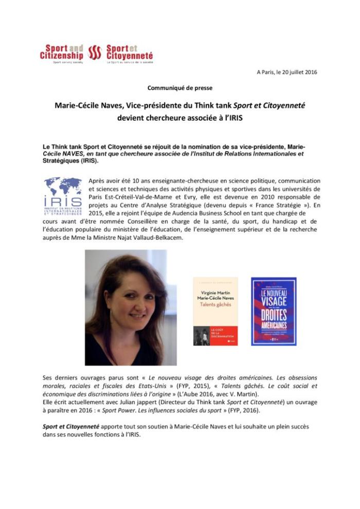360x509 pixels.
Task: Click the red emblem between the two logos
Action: tap(95, 52)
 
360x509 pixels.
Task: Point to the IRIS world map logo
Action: tap(63, 195)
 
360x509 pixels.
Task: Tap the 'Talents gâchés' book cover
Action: tap(215, 311)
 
